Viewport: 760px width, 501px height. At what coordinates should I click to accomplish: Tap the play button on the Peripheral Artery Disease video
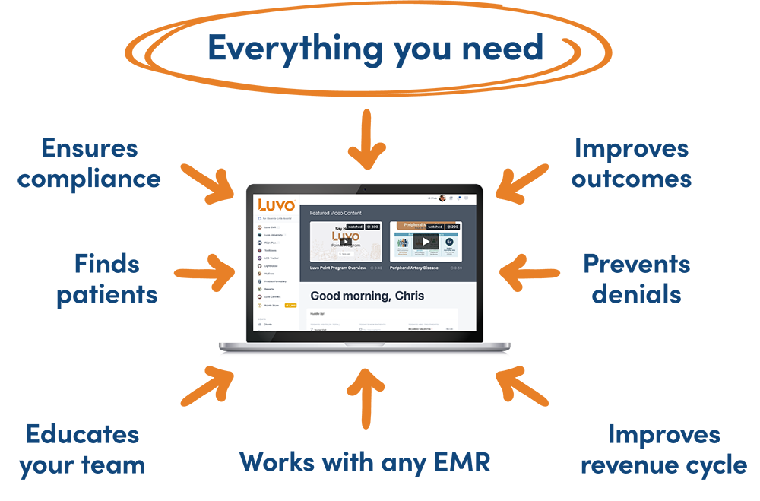pyautogui.click(x=426, y=242)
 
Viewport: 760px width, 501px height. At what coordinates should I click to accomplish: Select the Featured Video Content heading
pyautogui.click(x=335, y=213)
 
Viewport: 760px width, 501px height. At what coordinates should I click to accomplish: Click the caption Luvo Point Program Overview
pyautogui.click(x=338, y=268)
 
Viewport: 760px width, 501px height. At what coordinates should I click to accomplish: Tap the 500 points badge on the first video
pyautogui.click(x=373, y=227)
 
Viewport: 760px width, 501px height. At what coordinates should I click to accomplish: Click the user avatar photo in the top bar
pyautogui.click(x=442, y=198)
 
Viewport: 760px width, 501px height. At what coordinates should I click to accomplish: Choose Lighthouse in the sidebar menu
pyautogui.click(x=271, y=266)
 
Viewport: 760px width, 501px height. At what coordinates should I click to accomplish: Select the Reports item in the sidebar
pyautogui.click(x=269, y=289)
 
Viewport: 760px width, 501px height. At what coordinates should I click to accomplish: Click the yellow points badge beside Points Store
pyautogui.click(x=290, y=305)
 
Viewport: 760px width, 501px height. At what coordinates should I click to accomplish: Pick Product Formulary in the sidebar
pyautogui.click(x=275, y=281)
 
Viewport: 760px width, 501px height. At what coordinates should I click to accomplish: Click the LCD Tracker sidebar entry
pyautogui.click(x=271, y=258)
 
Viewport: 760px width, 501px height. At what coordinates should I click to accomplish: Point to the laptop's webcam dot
pyautogui.click(x=365, y=188)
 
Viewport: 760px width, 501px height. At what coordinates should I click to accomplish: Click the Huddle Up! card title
pyautogui.click(x=316, y=313)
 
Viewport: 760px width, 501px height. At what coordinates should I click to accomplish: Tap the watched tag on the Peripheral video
pyautogui.click(x=435, y=227)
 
